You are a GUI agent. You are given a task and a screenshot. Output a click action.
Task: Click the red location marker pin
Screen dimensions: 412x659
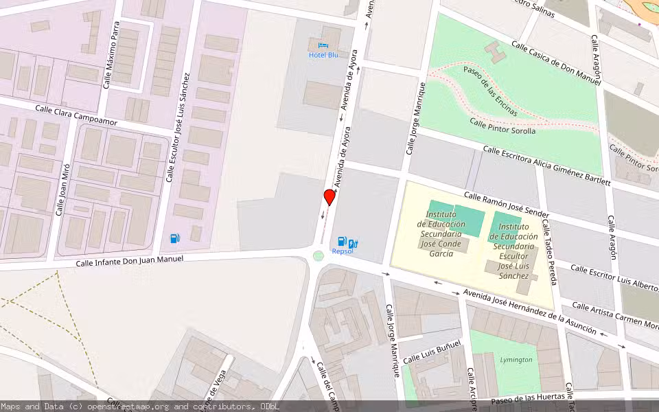tap(329, 198)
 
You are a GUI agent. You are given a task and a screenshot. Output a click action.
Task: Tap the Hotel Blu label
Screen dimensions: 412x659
tap(323, 55)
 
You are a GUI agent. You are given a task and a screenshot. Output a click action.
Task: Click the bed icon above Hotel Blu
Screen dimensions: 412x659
tap(323, 45)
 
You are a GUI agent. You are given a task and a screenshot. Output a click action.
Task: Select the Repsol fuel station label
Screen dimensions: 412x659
tap(342, 251)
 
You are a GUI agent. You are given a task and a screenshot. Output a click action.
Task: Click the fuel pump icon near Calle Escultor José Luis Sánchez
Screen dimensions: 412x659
tap(175, 239)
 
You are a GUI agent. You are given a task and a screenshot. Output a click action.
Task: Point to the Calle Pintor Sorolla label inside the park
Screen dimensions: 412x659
tap(502, 126)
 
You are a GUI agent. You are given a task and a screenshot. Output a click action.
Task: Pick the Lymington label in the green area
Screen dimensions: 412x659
tap(516, 360)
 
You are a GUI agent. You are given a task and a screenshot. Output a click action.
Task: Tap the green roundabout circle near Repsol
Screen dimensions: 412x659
tap(318, 256)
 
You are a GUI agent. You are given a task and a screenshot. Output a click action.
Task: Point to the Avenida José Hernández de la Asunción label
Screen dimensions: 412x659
tap(529, 311)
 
